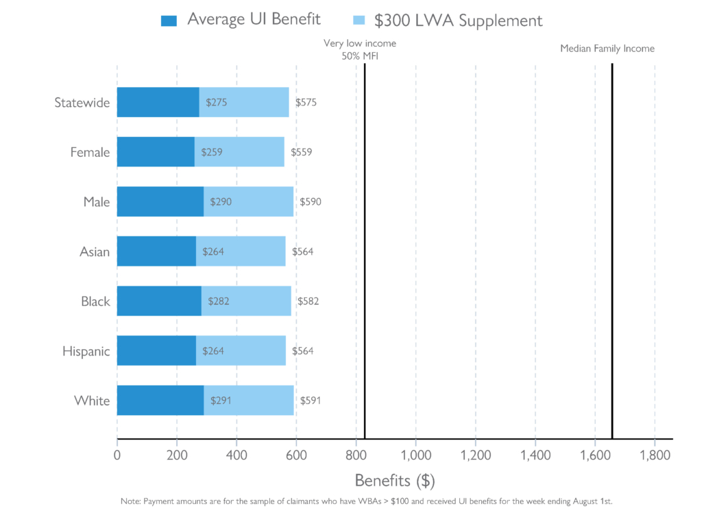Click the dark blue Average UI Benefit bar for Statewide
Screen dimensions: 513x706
[158, 103]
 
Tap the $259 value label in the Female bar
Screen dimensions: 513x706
[212, 152]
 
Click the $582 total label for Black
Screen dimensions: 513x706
[308, 301]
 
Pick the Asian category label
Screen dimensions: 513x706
[95, 252]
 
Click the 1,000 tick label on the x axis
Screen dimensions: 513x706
[415, 455]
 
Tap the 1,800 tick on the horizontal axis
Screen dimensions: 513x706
[654, 455]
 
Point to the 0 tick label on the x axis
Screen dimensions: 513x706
[117, 455]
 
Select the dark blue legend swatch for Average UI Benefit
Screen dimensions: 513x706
[169, 21]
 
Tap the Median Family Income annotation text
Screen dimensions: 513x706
[607, 49]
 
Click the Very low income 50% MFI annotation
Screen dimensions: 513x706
[360, 49]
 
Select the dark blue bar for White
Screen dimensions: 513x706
[160, 401]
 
